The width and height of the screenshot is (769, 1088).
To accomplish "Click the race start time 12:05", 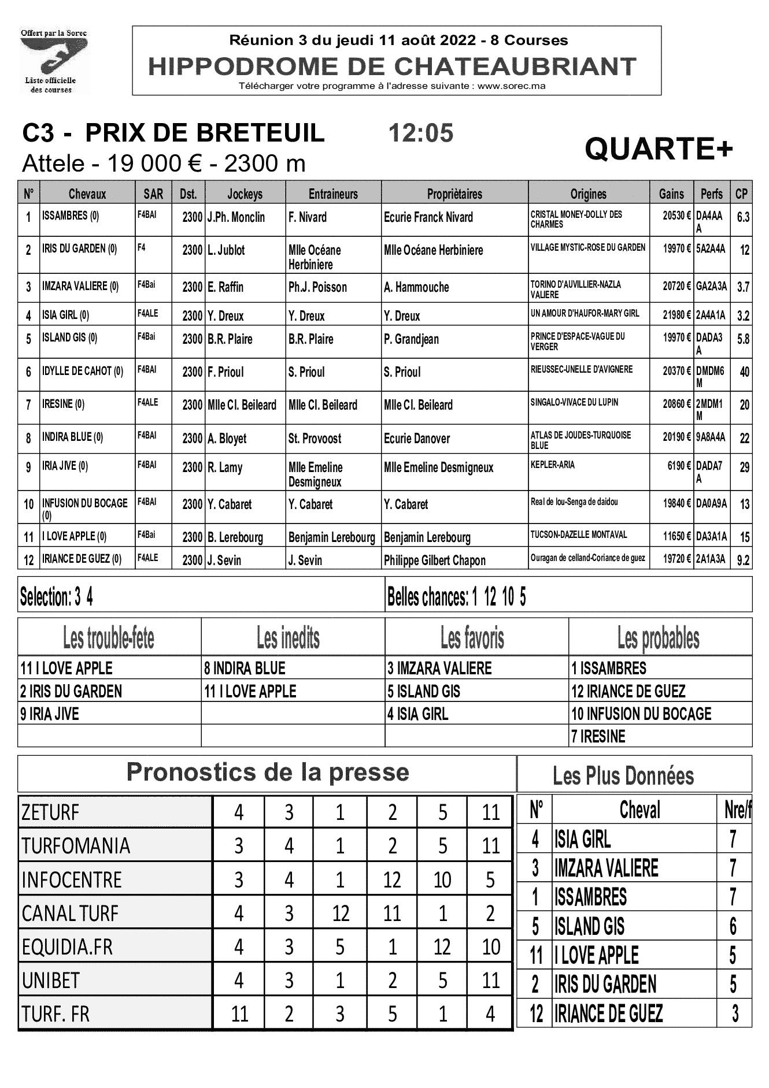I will pos(421,133).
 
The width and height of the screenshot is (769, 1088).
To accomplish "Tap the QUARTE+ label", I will pos(659,150).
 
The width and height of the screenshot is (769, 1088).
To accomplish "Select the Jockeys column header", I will pos(245,194).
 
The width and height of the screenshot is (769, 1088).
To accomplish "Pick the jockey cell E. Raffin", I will pos(225,287).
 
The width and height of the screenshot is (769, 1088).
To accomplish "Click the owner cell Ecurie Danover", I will pos(417,439).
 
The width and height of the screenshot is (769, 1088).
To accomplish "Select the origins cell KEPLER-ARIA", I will pos(553,465).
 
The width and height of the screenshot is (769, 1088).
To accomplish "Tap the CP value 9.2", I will pos(743,560).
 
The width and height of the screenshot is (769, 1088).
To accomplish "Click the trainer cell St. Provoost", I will pos(315,439).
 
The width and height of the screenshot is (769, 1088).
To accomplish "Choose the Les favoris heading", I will pos(472,638).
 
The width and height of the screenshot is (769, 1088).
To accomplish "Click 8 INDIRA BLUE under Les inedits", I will pos(245,669).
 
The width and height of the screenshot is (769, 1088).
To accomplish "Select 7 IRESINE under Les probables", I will pos(598,737).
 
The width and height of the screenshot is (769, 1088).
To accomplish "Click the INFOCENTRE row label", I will pos(72,880).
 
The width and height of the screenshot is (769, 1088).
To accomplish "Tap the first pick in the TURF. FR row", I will pos(239,1014).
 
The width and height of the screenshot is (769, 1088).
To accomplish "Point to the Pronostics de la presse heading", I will pos(267,773).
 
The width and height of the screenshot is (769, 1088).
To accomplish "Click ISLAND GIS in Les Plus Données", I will pos(589,926).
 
